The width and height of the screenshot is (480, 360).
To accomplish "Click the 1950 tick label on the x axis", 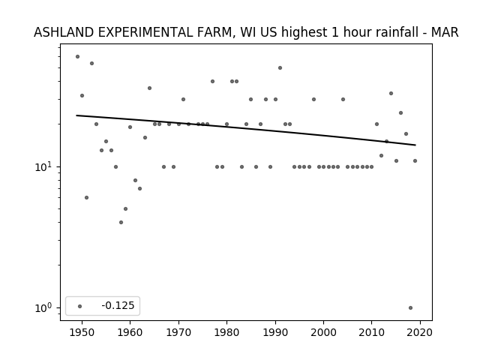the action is (x=82, y=332).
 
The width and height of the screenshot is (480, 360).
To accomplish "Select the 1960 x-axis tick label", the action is (x=130, y=332).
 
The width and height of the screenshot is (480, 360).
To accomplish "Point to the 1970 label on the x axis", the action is (x=178, y=332).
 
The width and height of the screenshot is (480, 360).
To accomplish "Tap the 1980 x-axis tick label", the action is (x=226, y=332).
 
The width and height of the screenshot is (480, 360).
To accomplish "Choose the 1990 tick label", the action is (x=275, y=332).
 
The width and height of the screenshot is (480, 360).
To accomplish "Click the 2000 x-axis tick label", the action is (x=323, y=332).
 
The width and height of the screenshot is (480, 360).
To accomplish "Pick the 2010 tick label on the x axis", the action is (x=372, y=332).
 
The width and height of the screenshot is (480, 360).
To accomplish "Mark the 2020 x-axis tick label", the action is (x=420, y=332).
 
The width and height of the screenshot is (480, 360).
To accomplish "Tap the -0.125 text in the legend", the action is (x=118, y=305).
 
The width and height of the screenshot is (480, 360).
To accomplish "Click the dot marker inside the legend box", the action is (x=79, y=306).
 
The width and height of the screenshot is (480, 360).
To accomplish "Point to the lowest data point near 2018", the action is (x=410, y=308).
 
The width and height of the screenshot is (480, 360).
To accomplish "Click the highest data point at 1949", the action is (x=77, y=57).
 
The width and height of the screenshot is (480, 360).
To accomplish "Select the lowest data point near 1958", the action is (x=121, y=222).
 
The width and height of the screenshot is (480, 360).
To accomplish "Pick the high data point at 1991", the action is (x=280, y=68).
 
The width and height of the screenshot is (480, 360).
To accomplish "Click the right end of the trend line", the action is (x=415, y=145).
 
